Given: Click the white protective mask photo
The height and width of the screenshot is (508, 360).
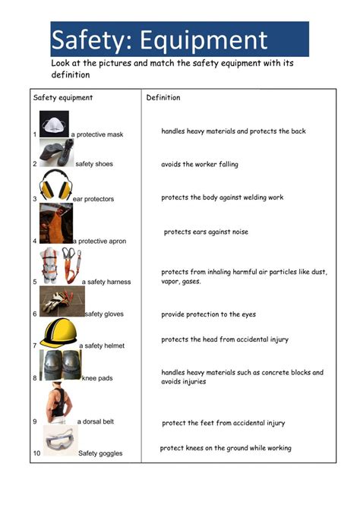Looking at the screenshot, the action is pos(54,124).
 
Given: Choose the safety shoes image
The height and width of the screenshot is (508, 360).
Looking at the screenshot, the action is pos(56,153).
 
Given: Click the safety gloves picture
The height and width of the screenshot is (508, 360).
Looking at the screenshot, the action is pos(61,301).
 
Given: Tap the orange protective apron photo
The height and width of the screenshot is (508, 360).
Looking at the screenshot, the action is pos(55,223).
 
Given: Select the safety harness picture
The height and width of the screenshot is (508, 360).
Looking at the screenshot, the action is pos(60,265).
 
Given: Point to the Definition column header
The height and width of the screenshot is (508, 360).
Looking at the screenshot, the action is pos(163,98).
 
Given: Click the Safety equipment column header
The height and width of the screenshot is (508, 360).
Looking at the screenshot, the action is pos(63,98).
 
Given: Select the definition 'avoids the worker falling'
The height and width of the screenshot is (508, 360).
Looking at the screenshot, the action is pos(199,164).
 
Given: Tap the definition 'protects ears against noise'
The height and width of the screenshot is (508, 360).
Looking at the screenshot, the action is pos(206,232).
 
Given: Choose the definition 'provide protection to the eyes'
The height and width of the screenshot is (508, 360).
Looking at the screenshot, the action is pos(208,314).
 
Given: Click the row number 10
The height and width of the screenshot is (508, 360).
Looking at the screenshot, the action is pos(36,453).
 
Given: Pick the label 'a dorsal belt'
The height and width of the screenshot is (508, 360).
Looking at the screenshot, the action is pos(96,421).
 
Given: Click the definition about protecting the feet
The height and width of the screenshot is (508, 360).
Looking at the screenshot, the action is pos(223,423).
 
